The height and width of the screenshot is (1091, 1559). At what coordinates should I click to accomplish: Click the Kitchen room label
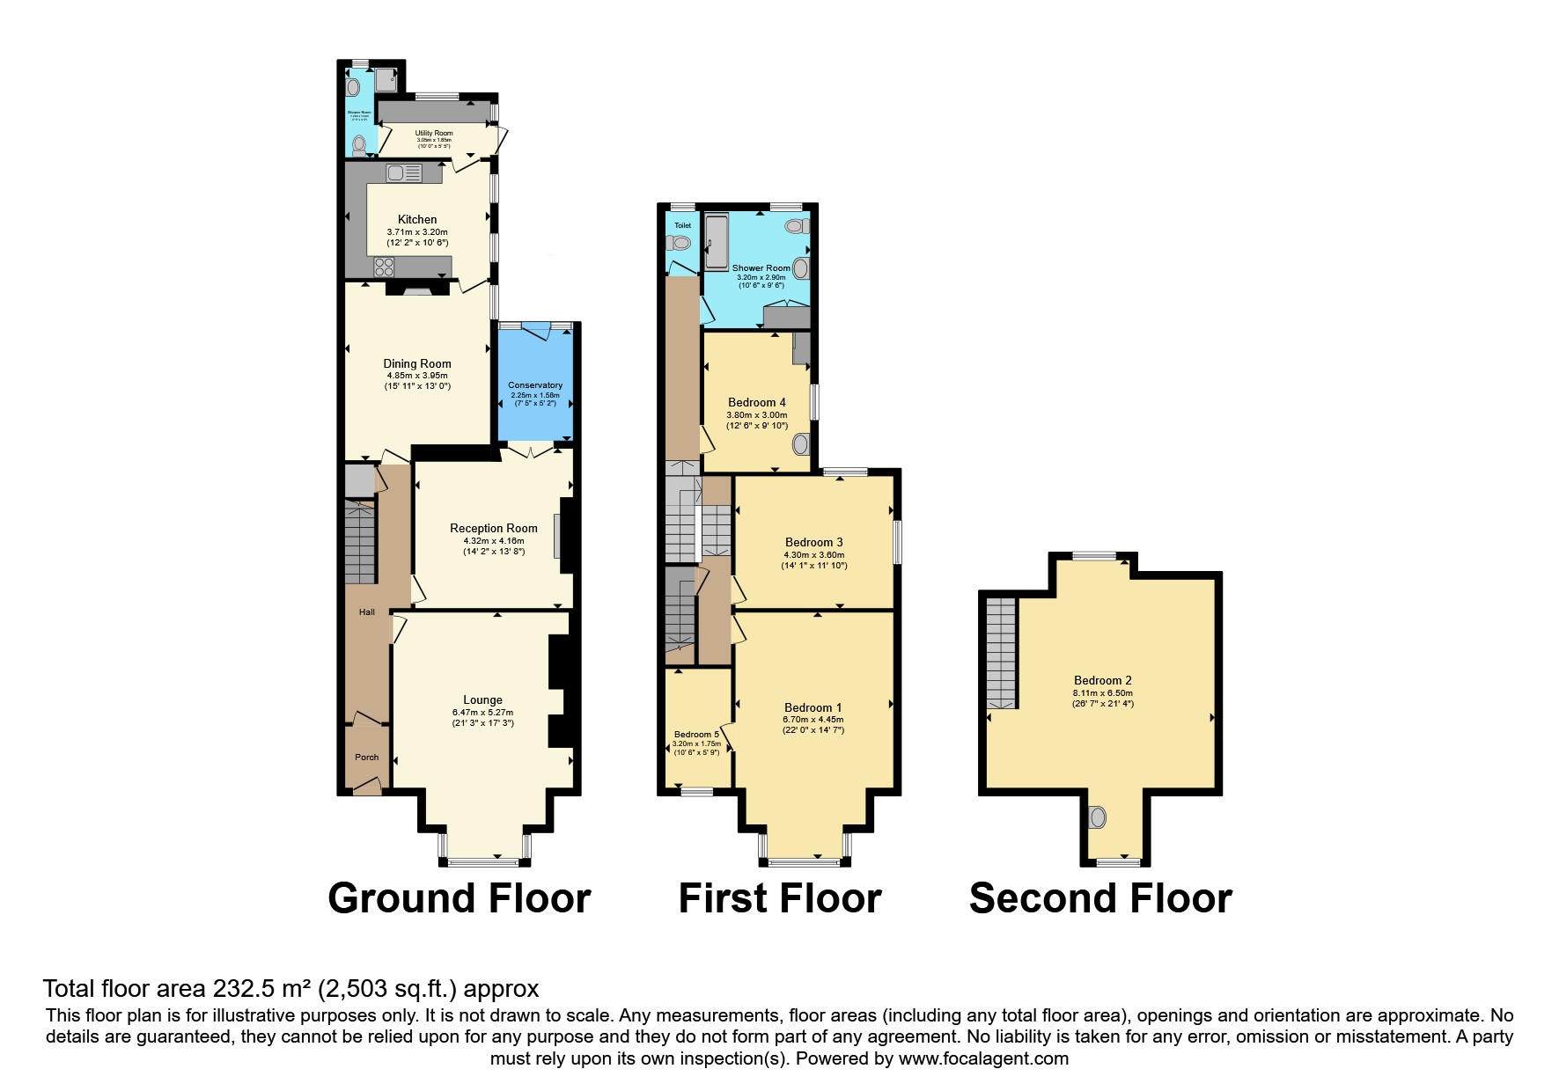pyautogui.click(x=417, y=219)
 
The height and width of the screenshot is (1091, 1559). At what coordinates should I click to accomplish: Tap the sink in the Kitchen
pyautogui.click(x=396, y=174)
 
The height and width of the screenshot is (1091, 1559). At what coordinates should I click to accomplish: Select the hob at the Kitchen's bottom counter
pyautogui.click(x=386, y=265)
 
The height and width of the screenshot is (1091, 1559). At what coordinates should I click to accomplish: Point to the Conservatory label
pyautogui.click(x=535, y=385)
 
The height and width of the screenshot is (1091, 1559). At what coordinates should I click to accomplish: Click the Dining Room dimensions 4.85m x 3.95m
pyautogui.click(x=417, y=376)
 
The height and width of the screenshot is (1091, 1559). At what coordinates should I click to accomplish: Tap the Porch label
pyautogui.click(x=366, y=758)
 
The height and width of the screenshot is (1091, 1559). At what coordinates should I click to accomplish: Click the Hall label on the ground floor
pyautogui.click(x=366, y=612)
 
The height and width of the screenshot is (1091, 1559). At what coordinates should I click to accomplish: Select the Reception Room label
pyautogui.click(x=494, y=529)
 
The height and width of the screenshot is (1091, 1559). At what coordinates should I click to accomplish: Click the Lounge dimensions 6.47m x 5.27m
pyautogui.click(x=482, y=713)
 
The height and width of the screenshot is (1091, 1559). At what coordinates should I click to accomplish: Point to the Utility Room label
pyautogui.click(x=434, y=133)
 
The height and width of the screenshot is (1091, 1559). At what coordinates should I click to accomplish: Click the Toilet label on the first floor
pyautogui.click(x=682, y=225)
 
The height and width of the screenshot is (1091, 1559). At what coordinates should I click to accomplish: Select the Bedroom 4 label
pyautogui.click(x=757, y=403)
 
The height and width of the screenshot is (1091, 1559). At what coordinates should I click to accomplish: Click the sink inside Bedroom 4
pyautogui.click(x=800, y=444)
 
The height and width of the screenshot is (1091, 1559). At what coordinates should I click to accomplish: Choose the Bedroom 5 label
pyautogui.click(x=696, y=735)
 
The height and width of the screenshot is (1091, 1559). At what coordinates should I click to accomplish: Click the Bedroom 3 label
pyautogui.click(x=814, y=542)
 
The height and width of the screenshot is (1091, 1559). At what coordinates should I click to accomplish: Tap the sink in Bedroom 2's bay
pyautogui.click(x=1097, y=817)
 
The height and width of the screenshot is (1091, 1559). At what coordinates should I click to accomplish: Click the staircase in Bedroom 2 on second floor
pyautogui.click(x=1001, y=653)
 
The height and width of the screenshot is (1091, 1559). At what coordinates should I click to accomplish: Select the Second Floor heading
pyautogui.click(x=1100, y=899)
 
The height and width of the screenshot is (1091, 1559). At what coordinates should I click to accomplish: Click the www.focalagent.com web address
pyautogui.click(x=983, y=1058)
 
